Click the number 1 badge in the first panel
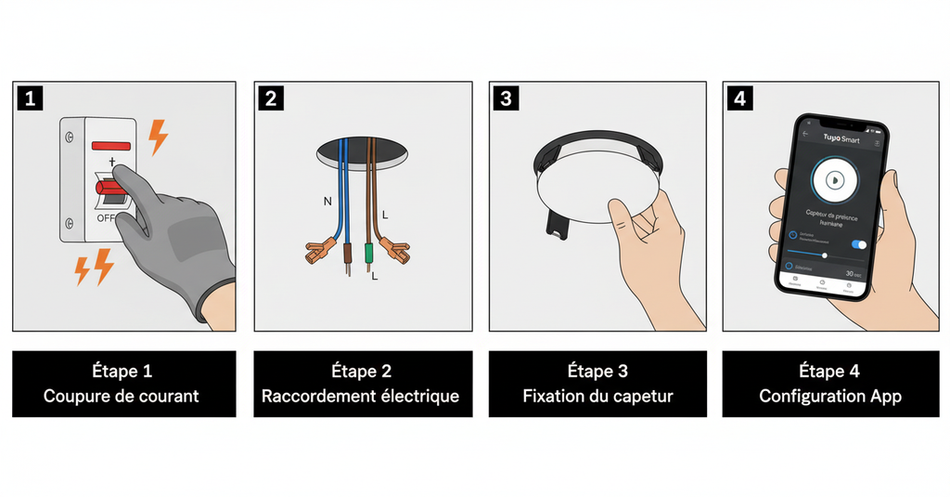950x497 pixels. click(x=30, y=98)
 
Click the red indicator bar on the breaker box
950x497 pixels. click(x=109, y=147)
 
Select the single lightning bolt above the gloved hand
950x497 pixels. click(x=158, y=137)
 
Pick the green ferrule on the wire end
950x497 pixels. click(x=369, y=253)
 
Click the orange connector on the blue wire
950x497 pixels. click(x=321, y=250)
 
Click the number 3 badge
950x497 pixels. click(x=505, y=98)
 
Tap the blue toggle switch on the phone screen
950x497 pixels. click(x=859, y=244)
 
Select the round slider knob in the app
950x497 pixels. click(x=825, y=255)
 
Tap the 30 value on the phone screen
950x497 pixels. click(x=852, y=273)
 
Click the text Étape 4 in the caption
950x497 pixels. click(x=830, y=372)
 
